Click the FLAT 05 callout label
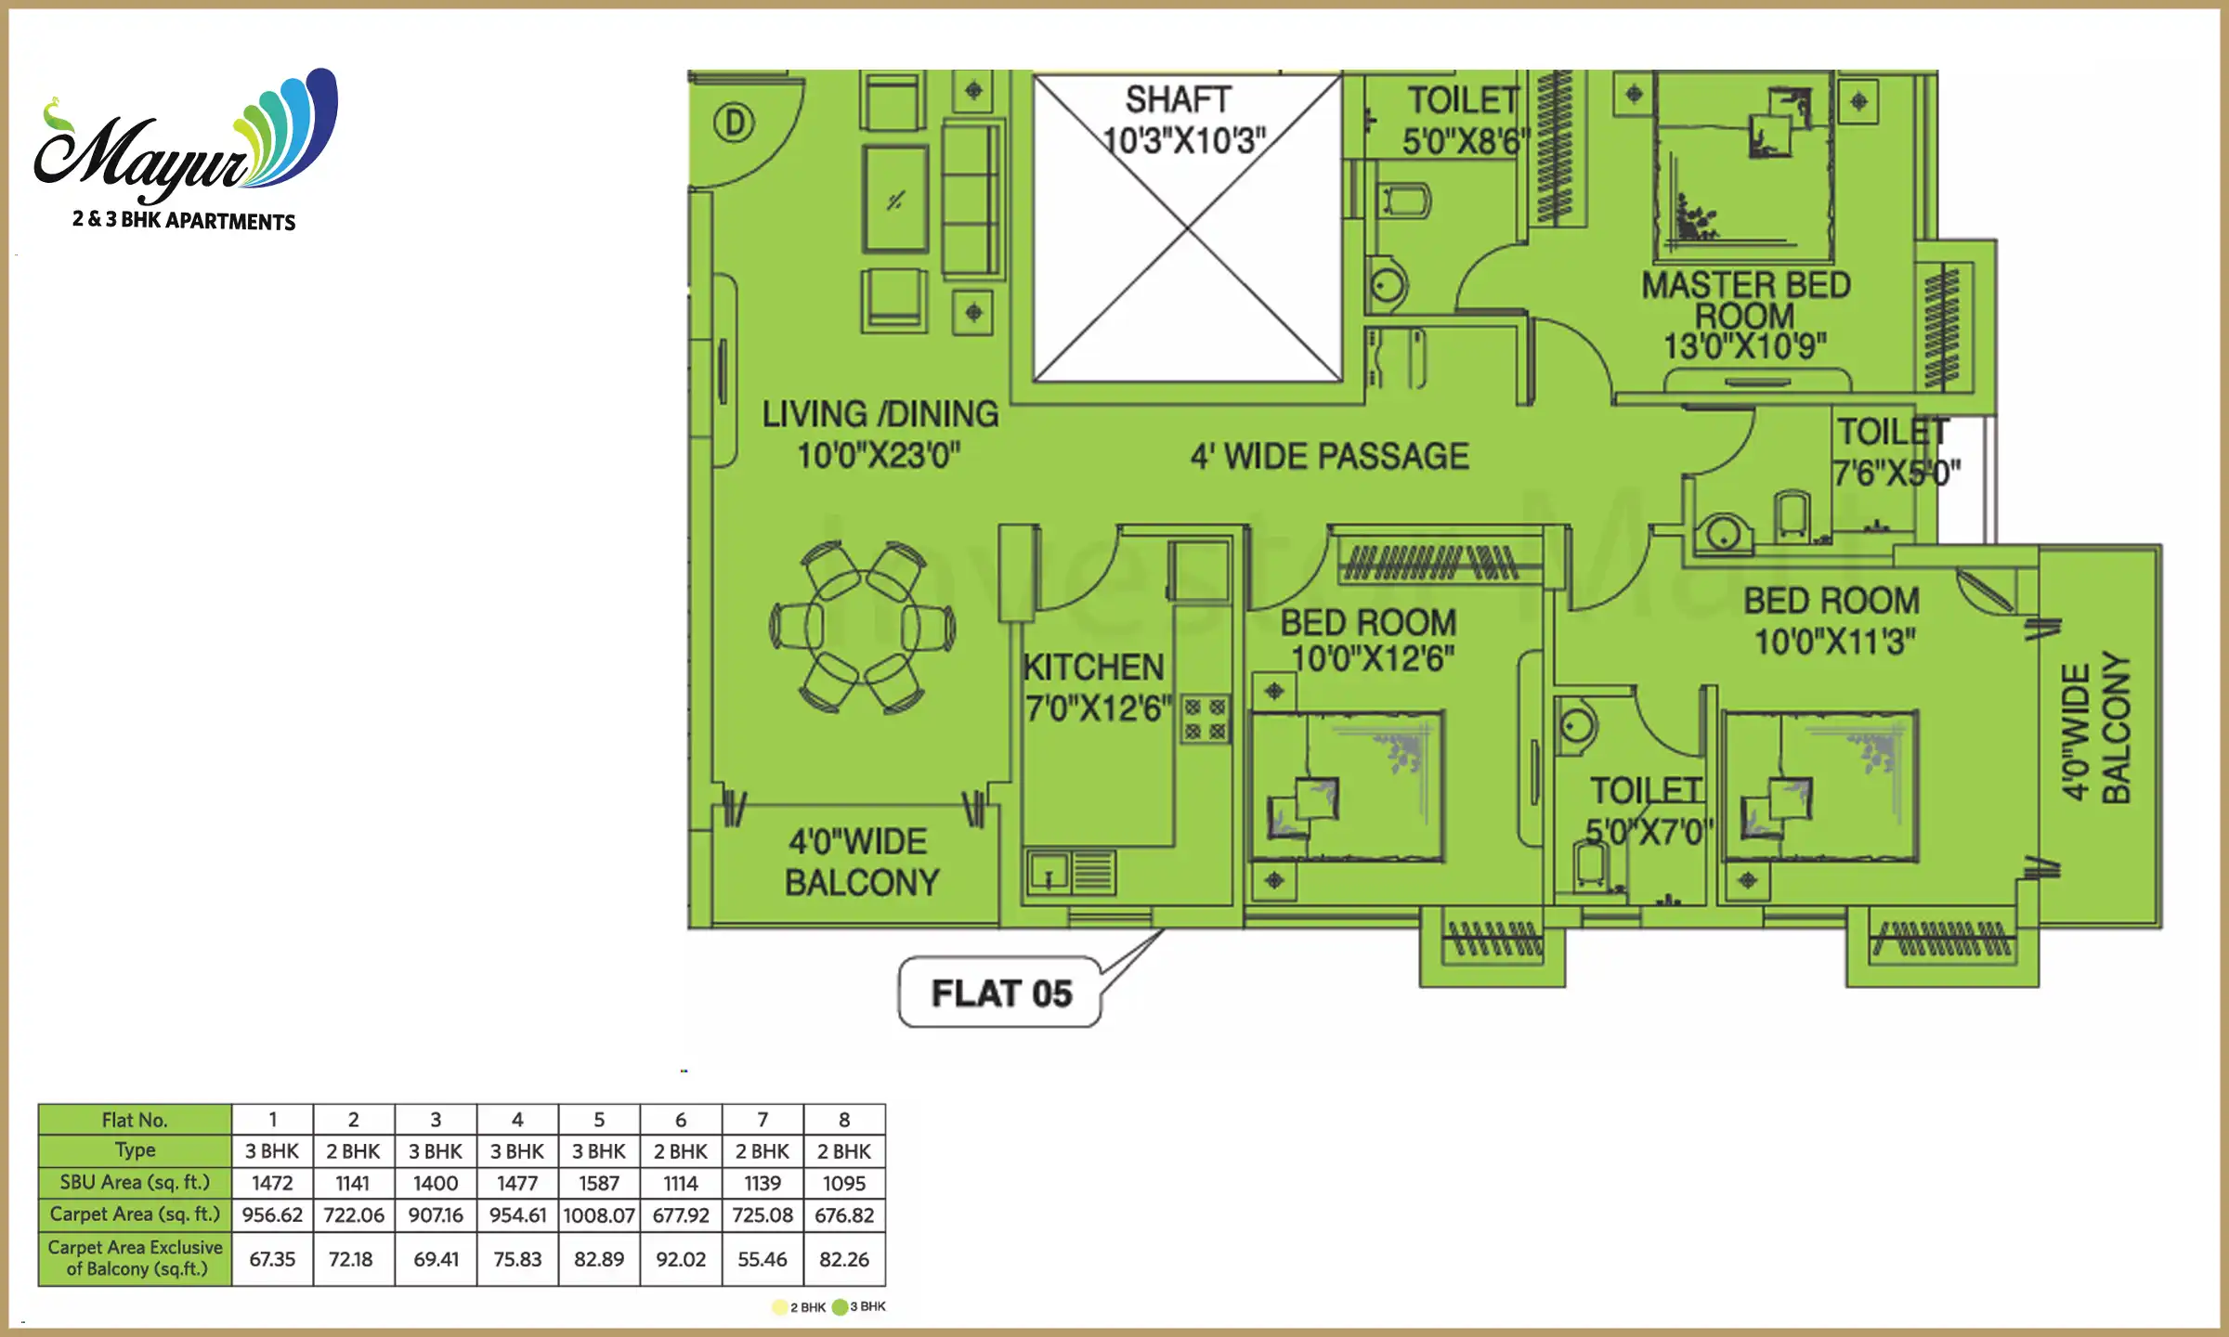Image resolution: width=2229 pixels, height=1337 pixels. [x=1000, y=993]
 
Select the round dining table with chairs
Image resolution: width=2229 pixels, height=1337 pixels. [x=862, y=628]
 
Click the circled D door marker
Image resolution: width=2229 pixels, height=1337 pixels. [x=734, y=123]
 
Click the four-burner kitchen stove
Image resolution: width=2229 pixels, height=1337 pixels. [x=1206, y=720]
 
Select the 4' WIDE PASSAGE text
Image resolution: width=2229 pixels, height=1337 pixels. [x=1329, y=456]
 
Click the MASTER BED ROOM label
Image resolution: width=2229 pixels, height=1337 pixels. [x=1745, y=314]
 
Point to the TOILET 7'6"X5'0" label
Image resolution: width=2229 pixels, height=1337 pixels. [x=1895, y=452]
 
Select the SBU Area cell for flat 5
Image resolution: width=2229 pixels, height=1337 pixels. [x=599, y=1183]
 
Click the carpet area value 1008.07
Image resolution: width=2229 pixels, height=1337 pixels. [x=599, y=1214]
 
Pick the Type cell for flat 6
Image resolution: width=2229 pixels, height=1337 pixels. [x=680, y=1151]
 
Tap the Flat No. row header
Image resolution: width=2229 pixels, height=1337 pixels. [x=135, y=1120]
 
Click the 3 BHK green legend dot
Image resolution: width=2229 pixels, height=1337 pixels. [x=841, y=1306]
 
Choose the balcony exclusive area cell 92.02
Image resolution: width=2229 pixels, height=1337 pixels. [x=680, y=1259]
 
